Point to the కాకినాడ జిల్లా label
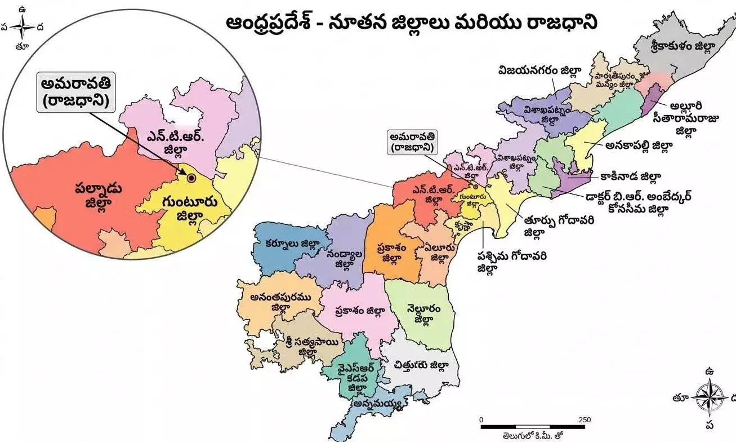629,176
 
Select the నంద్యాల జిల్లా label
343,259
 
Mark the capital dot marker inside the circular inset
191,178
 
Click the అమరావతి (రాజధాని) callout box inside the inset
75,92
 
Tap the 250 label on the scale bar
584,420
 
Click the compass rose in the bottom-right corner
708,397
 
